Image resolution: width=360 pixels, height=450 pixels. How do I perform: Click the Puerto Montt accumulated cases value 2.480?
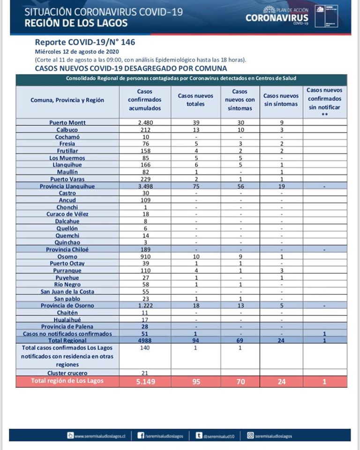point(145,123)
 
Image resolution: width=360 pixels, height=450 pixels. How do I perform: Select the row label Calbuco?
point(67,130)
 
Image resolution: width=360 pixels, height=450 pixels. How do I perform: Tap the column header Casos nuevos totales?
point(195,99)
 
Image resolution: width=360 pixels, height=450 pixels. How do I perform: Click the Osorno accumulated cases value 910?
point(145,256)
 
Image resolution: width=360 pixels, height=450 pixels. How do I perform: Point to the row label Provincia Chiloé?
point(67,249)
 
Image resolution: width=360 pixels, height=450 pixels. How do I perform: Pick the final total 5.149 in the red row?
point(145,382)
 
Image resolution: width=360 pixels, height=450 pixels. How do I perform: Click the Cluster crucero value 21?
point(145,373)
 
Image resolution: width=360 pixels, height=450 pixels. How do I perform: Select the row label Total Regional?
point(67,340)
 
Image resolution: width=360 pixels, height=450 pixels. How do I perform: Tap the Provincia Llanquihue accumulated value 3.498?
point(145,186)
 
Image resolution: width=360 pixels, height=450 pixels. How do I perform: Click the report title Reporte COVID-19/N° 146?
point(85,42)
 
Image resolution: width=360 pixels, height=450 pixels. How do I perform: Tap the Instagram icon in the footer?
point(250,435)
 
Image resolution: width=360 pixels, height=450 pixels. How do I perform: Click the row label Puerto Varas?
point(67,179)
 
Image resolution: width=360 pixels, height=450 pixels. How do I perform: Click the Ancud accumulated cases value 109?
point(145,200)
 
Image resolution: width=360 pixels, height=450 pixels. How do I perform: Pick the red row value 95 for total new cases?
point(195,382)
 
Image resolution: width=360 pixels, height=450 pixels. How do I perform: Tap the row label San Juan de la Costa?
point(67,292)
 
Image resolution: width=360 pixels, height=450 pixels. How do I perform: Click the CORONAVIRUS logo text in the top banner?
point(277,18)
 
